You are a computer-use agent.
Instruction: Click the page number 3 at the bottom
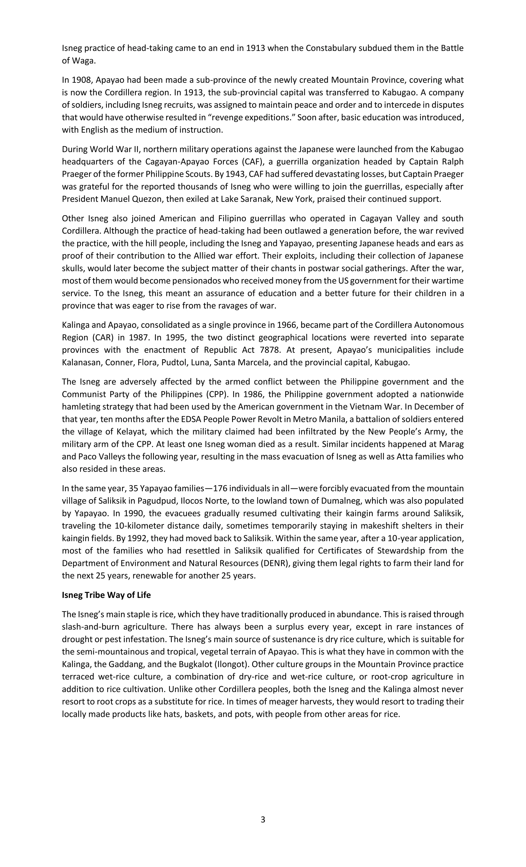(263, 819)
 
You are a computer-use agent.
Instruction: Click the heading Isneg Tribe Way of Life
(106, 595)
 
